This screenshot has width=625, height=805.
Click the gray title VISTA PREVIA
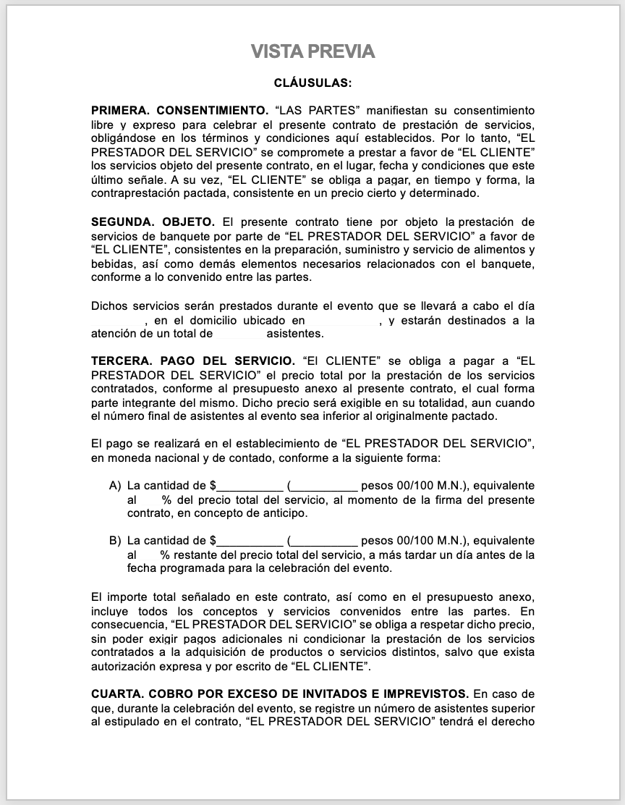pos(312,51)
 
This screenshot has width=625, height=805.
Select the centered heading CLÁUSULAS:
pos(312,83)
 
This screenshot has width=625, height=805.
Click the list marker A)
pos(115,486)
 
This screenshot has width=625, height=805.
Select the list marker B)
pos(115,541)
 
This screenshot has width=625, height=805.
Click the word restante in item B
pos(194,555)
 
